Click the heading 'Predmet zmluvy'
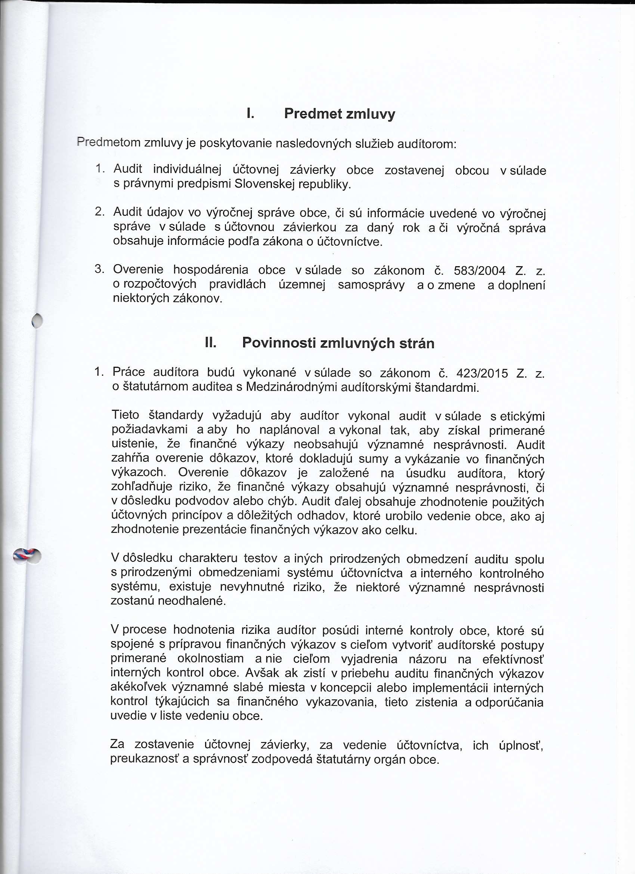(x=339, y=114)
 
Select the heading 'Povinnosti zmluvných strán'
(x=338, y=343)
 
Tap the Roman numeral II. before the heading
(x=211, y=342)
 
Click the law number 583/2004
(x=480, y=271)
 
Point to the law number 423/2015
(x=482, y=373)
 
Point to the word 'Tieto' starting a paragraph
(x=125, y=415)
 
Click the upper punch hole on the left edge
(x=37, y=320)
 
